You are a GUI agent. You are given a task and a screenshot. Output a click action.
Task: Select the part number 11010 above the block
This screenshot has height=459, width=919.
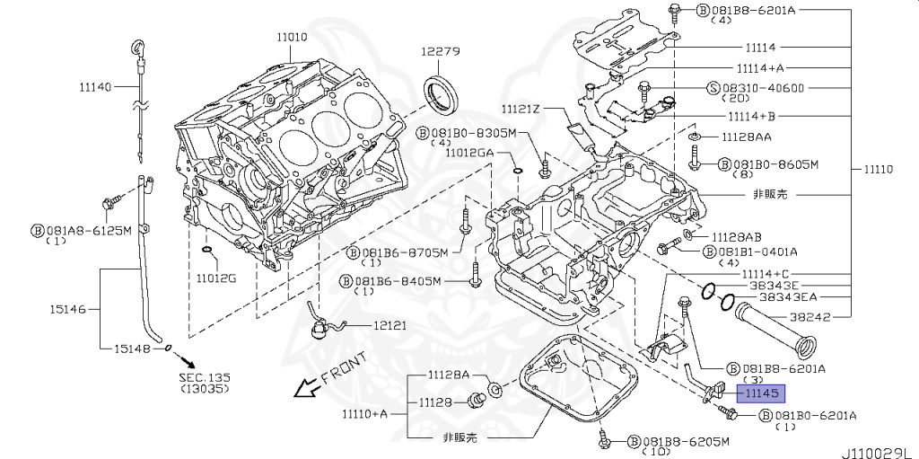[292, 37]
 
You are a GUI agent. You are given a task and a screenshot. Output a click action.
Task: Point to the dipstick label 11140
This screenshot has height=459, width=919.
[95, 86]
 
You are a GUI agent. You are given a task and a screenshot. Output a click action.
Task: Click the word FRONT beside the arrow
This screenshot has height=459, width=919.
[342, 368]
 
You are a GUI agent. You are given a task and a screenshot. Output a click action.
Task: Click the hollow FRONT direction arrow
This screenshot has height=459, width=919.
[307, 387]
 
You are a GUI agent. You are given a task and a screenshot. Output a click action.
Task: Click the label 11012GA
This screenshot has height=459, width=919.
[469, 153]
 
